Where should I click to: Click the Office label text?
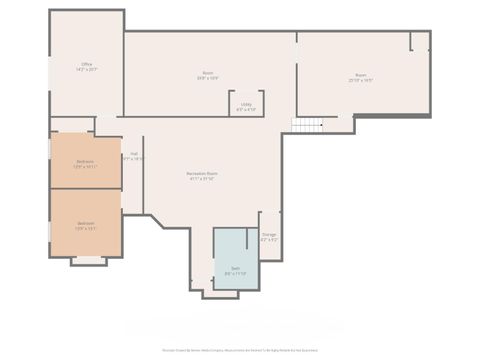pos(87,64)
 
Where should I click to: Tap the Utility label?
pos(246,103)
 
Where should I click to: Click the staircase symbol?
pos(309,125)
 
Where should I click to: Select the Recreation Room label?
pos(202,174)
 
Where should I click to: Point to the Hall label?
pos(133,153)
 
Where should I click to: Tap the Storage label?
pos(269,235)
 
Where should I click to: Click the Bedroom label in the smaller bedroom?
pos(86,162)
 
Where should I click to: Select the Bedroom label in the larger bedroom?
pos(86,223)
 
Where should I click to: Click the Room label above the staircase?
pos(361,75)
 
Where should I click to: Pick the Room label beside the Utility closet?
pos(208,72)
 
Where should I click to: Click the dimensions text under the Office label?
pos(87,70)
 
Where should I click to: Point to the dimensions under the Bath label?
pos(236,273)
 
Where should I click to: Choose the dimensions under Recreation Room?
pos(202,180)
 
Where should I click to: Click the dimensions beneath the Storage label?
pos(269,240)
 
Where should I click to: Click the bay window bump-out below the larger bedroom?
pos(88,261)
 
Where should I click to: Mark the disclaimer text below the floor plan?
pos(239,351)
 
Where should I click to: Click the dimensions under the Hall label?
pos(133,158)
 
